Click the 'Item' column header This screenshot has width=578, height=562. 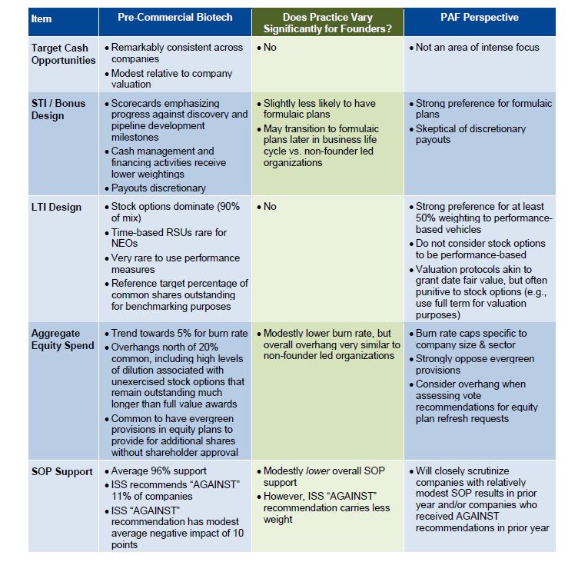(x=42, y=18)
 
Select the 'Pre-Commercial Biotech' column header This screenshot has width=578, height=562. (x=174, y=18)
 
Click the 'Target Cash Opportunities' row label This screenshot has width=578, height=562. (x=64, y=54)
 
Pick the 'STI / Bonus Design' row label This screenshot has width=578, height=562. (x=58, y=109)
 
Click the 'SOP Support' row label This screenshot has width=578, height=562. (x=61, y=471)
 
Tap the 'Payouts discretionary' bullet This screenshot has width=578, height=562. (x=158, y=188)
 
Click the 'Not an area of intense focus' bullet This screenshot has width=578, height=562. (x=477, y=48)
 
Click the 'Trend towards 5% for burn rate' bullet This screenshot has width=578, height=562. (x=179, y=334)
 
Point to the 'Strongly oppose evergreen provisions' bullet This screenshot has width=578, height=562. (x=471, y=364)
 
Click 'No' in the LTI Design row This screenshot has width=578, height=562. (x=270, y=206)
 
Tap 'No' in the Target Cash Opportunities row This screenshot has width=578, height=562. (x=270, y=48)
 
